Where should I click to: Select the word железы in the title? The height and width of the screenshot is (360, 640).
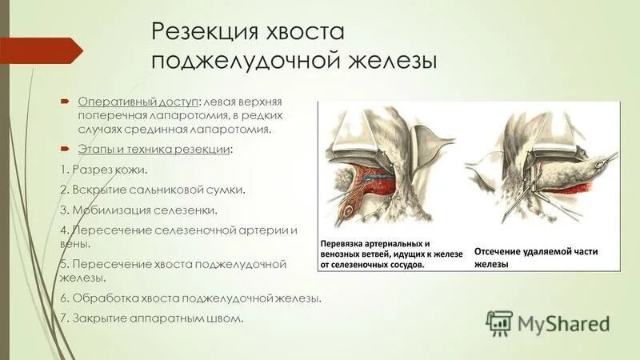tap(390, 62)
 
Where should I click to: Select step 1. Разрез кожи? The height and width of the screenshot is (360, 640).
tap(104, 170)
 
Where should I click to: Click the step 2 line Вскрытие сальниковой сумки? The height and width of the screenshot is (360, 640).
tap(152, 190)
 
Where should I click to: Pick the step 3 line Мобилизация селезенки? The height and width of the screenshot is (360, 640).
tap(138, 210)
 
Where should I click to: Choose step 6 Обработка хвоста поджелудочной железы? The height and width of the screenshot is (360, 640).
tap(191, 298)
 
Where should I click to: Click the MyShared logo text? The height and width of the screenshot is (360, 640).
tap(563, 323)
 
